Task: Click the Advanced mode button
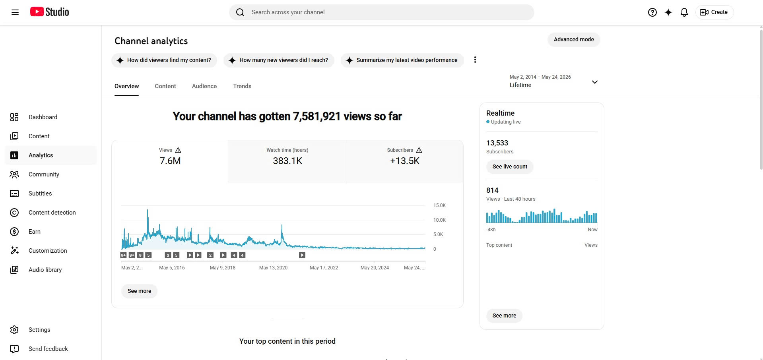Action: pyautogui.click(x=574, y=39)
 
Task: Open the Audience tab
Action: pyautogui.click(x=204, y=86)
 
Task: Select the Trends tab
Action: pyautogui.click(x=242, y=86)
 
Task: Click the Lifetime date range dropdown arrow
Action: pyautogui.click(x=595, y=82)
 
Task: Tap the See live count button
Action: pyautogui.click(x=510, y=166)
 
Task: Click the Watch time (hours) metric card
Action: pyautogui.click(x=287, y=161)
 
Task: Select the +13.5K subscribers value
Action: pyautogui.click(x=405, y=161)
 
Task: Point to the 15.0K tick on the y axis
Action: pyautogui.click(x=439, y=205)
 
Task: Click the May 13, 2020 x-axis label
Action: pyautogui.click(x=273, y=268)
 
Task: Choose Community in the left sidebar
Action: pyautogui.click(x=44, y=174)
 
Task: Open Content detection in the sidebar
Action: pyautogui.click(x=52, y=213)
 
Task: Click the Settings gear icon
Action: pyautogui.click(x=14, y=330)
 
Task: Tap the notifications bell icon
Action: pyautogui.click(x=684, y=12)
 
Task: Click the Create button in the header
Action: pyautogui.click(x=714, y=12)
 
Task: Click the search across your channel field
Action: pyautogui.click(x=382, y=12)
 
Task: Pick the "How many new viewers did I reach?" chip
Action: pyautogui.click(x=279, y=60)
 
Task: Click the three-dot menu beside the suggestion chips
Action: pyautogui.click(x=475, y=60)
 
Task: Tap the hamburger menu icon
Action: pyautogui.click(x=15, y=12)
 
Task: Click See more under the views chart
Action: pyautogui.click(x=139, y=291)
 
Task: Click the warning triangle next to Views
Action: pyautogui.click(x=178, y=150)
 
